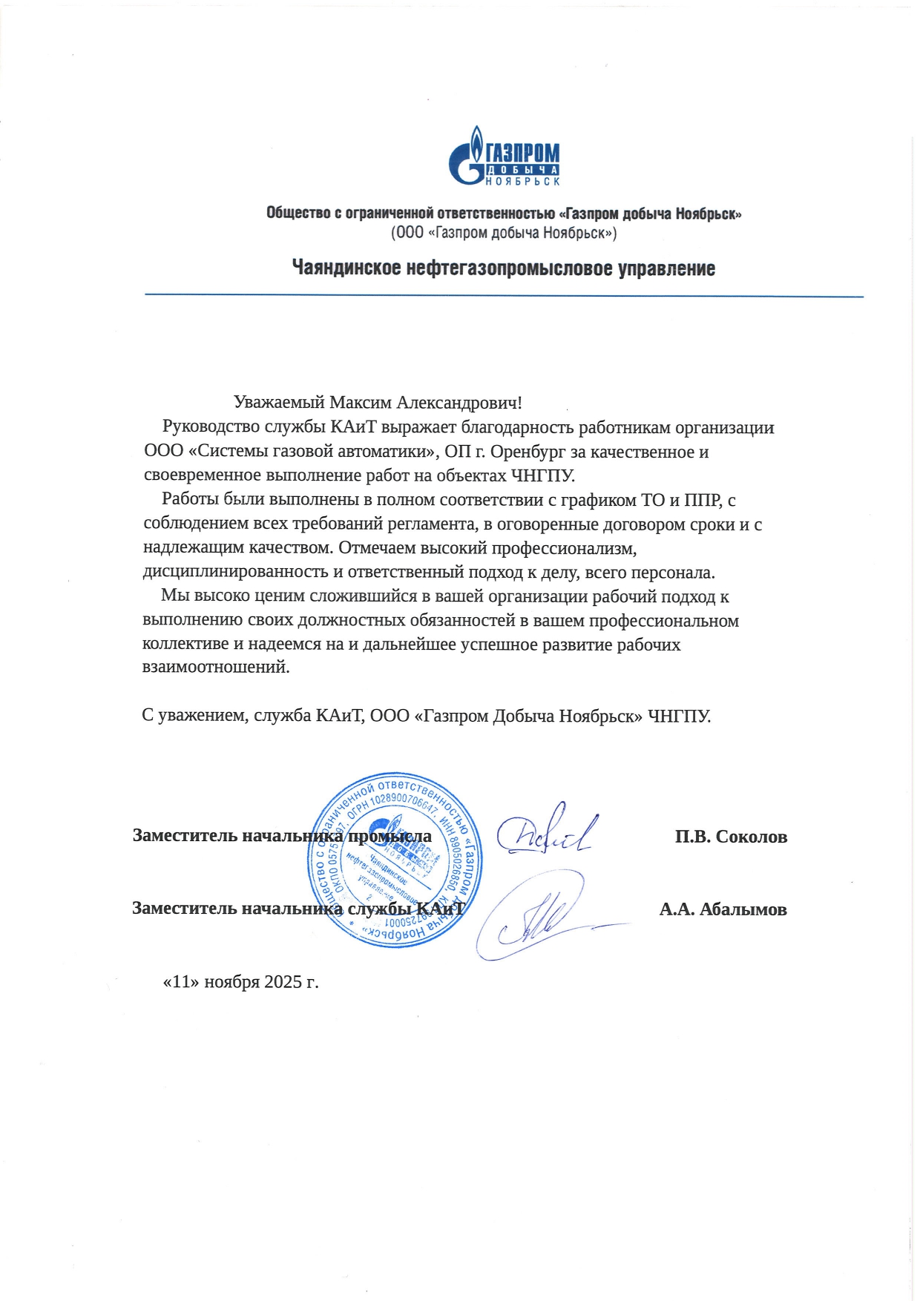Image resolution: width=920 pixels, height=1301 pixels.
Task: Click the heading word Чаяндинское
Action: pos(346,268)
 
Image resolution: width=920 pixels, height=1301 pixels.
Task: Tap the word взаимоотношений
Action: pos(215,667)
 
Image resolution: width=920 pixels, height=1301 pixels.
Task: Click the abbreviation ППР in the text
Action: pos(701,500)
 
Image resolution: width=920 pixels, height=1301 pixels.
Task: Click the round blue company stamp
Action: pos(394,860)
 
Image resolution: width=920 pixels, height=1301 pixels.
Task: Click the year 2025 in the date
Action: pos(281,982)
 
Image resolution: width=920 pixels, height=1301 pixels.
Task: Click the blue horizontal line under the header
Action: pos(504,296)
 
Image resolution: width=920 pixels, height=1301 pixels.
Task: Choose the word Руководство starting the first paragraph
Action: pos(211,427)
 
